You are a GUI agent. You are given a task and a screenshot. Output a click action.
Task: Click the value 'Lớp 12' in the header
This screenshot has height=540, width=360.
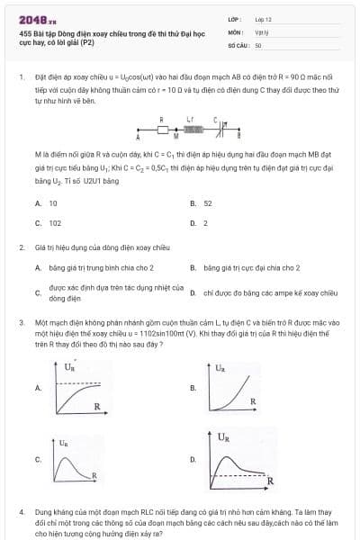click(263, 19)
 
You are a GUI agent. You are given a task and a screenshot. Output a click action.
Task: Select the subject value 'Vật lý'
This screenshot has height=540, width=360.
click(262, 31)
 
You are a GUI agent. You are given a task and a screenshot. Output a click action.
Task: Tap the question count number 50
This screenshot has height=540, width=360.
click(258, 44)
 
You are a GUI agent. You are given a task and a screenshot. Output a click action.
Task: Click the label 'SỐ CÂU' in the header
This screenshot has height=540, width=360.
click(237, 44)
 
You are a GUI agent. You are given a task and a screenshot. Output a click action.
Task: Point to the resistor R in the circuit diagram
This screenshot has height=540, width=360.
click(163, 130)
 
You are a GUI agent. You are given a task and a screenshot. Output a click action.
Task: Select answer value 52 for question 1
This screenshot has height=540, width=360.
click(208, 204)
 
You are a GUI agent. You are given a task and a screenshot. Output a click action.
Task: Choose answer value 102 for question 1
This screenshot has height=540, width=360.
click(55, 222)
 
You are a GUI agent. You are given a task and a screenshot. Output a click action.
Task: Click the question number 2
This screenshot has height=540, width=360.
click(21, 247)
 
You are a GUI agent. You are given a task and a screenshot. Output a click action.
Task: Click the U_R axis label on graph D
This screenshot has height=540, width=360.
click(223, 436)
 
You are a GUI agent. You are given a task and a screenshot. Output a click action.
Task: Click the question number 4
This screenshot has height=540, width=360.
click(21, 511)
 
